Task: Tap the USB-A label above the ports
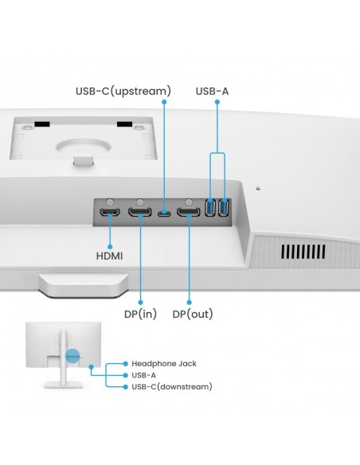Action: click(x=212, y=92)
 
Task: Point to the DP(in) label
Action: click(x=139, y=314)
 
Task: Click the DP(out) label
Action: click(x=192, y=314)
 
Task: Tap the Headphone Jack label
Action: click(x=164, y=363)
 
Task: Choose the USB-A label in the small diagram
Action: click(x=144, y=374)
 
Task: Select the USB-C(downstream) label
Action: click(x=172, y=386)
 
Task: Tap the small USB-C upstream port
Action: click(x=164, y=213)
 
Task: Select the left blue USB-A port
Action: click(x=211, y=209)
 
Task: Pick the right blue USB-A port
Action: click(x=224, y=209)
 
